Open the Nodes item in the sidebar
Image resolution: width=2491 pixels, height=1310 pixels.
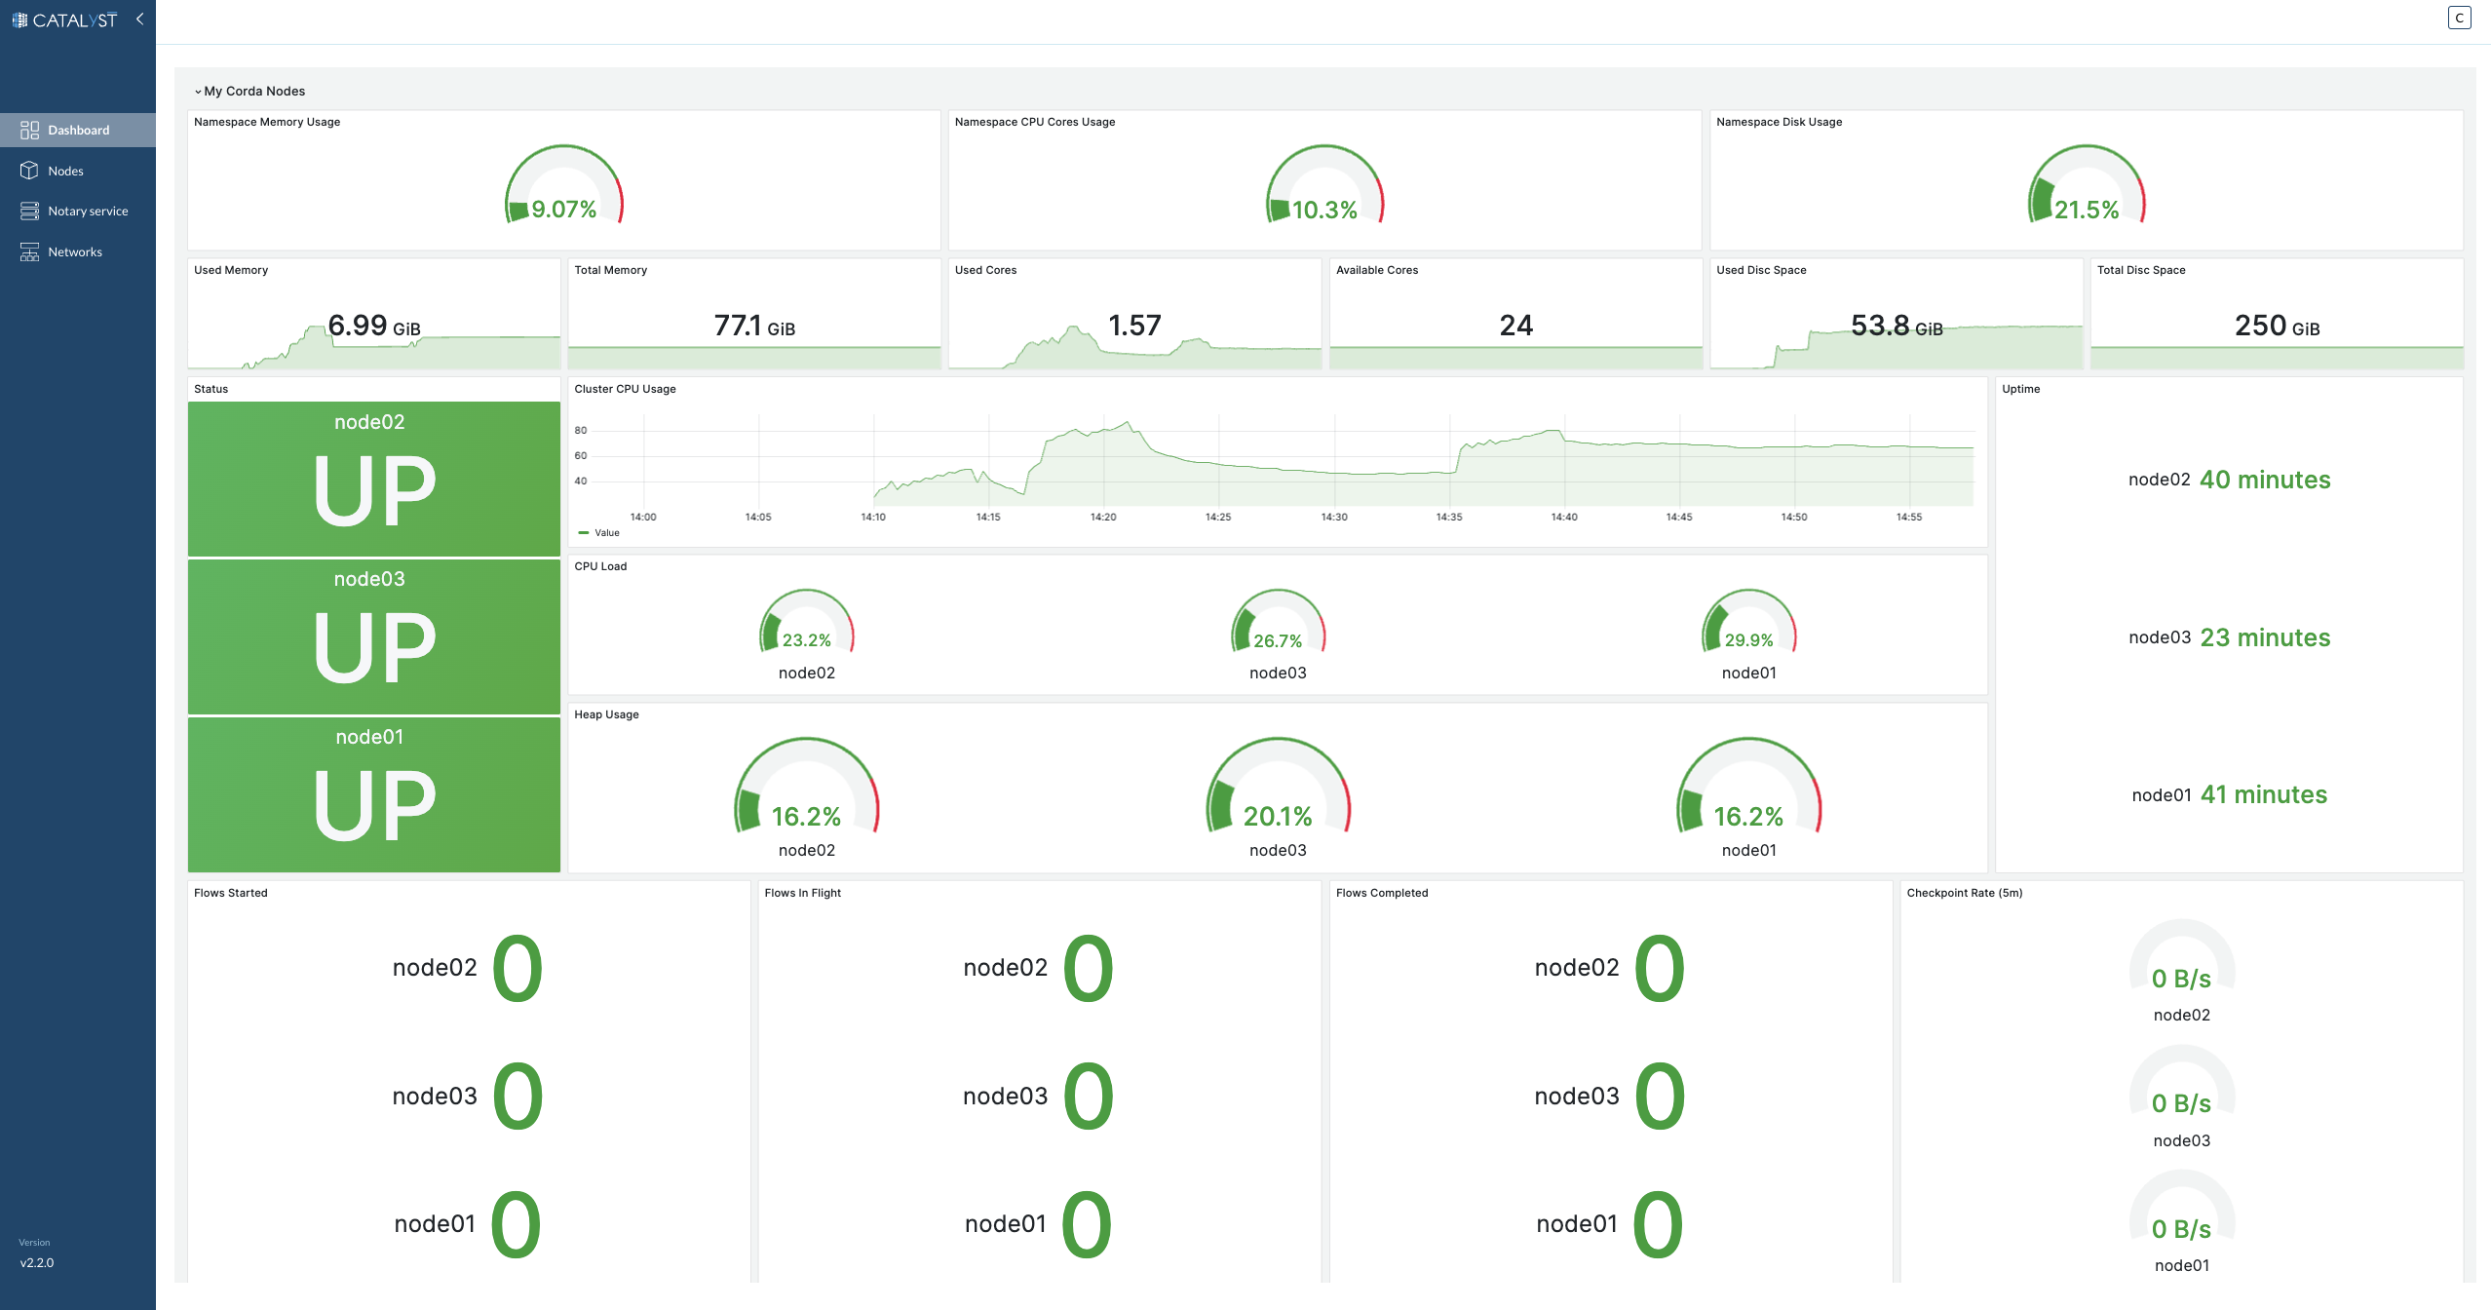click(65, 171)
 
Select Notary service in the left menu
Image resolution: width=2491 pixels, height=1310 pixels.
click(87, 212)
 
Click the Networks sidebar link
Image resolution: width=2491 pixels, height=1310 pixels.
click(74, 252)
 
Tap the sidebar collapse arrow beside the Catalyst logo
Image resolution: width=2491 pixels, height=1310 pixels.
click(140, 19)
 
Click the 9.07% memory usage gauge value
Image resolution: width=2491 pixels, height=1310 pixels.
click(563, 210)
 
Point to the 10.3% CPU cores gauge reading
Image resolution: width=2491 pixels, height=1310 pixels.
click(1324, 211)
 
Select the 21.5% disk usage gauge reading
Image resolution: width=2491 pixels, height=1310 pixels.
click(2087, 211)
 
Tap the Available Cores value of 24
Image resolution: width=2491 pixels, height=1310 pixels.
click(1515, 326)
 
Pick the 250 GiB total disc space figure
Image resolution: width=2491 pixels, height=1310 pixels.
click(2277, 326)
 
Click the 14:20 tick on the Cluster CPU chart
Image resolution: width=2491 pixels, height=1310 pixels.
click(1103, 518)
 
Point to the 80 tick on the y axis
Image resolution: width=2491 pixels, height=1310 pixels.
click(581, 431)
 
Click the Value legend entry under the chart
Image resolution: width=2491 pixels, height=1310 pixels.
click(606, 533)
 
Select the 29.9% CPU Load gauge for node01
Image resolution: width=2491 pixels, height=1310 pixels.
click(1748, 640)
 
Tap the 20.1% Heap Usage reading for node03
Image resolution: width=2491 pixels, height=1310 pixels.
click(1278, 817)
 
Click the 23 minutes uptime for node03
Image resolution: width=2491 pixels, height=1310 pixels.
click(2265, 638)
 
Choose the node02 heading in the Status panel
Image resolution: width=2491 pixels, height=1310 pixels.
click(369, 422)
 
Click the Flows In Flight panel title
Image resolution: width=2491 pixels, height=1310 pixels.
click(802, 893)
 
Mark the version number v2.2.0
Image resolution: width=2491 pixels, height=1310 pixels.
click(37, 1263)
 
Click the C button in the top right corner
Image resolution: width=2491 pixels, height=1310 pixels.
click(2459, 18)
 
